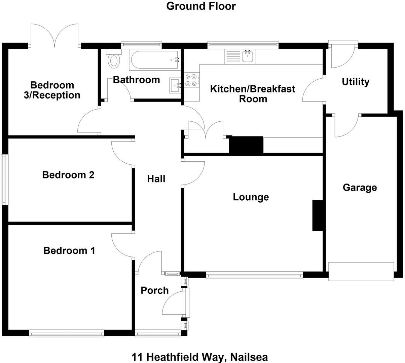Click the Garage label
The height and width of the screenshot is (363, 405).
360,188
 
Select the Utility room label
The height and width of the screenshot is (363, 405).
356,82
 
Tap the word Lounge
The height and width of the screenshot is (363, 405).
251,197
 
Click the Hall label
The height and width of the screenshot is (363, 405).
156,179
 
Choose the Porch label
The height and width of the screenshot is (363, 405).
154,290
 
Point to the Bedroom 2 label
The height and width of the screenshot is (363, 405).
68,175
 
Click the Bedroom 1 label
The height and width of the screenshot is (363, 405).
69,250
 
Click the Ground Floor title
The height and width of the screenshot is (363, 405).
201,6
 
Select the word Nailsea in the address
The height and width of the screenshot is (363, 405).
249,357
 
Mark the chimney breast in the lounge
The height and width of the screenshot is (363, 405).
318,215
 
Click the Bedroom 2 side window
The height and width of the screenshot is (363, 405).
4,179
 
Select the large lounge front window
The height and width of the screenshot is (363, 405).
254,275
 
